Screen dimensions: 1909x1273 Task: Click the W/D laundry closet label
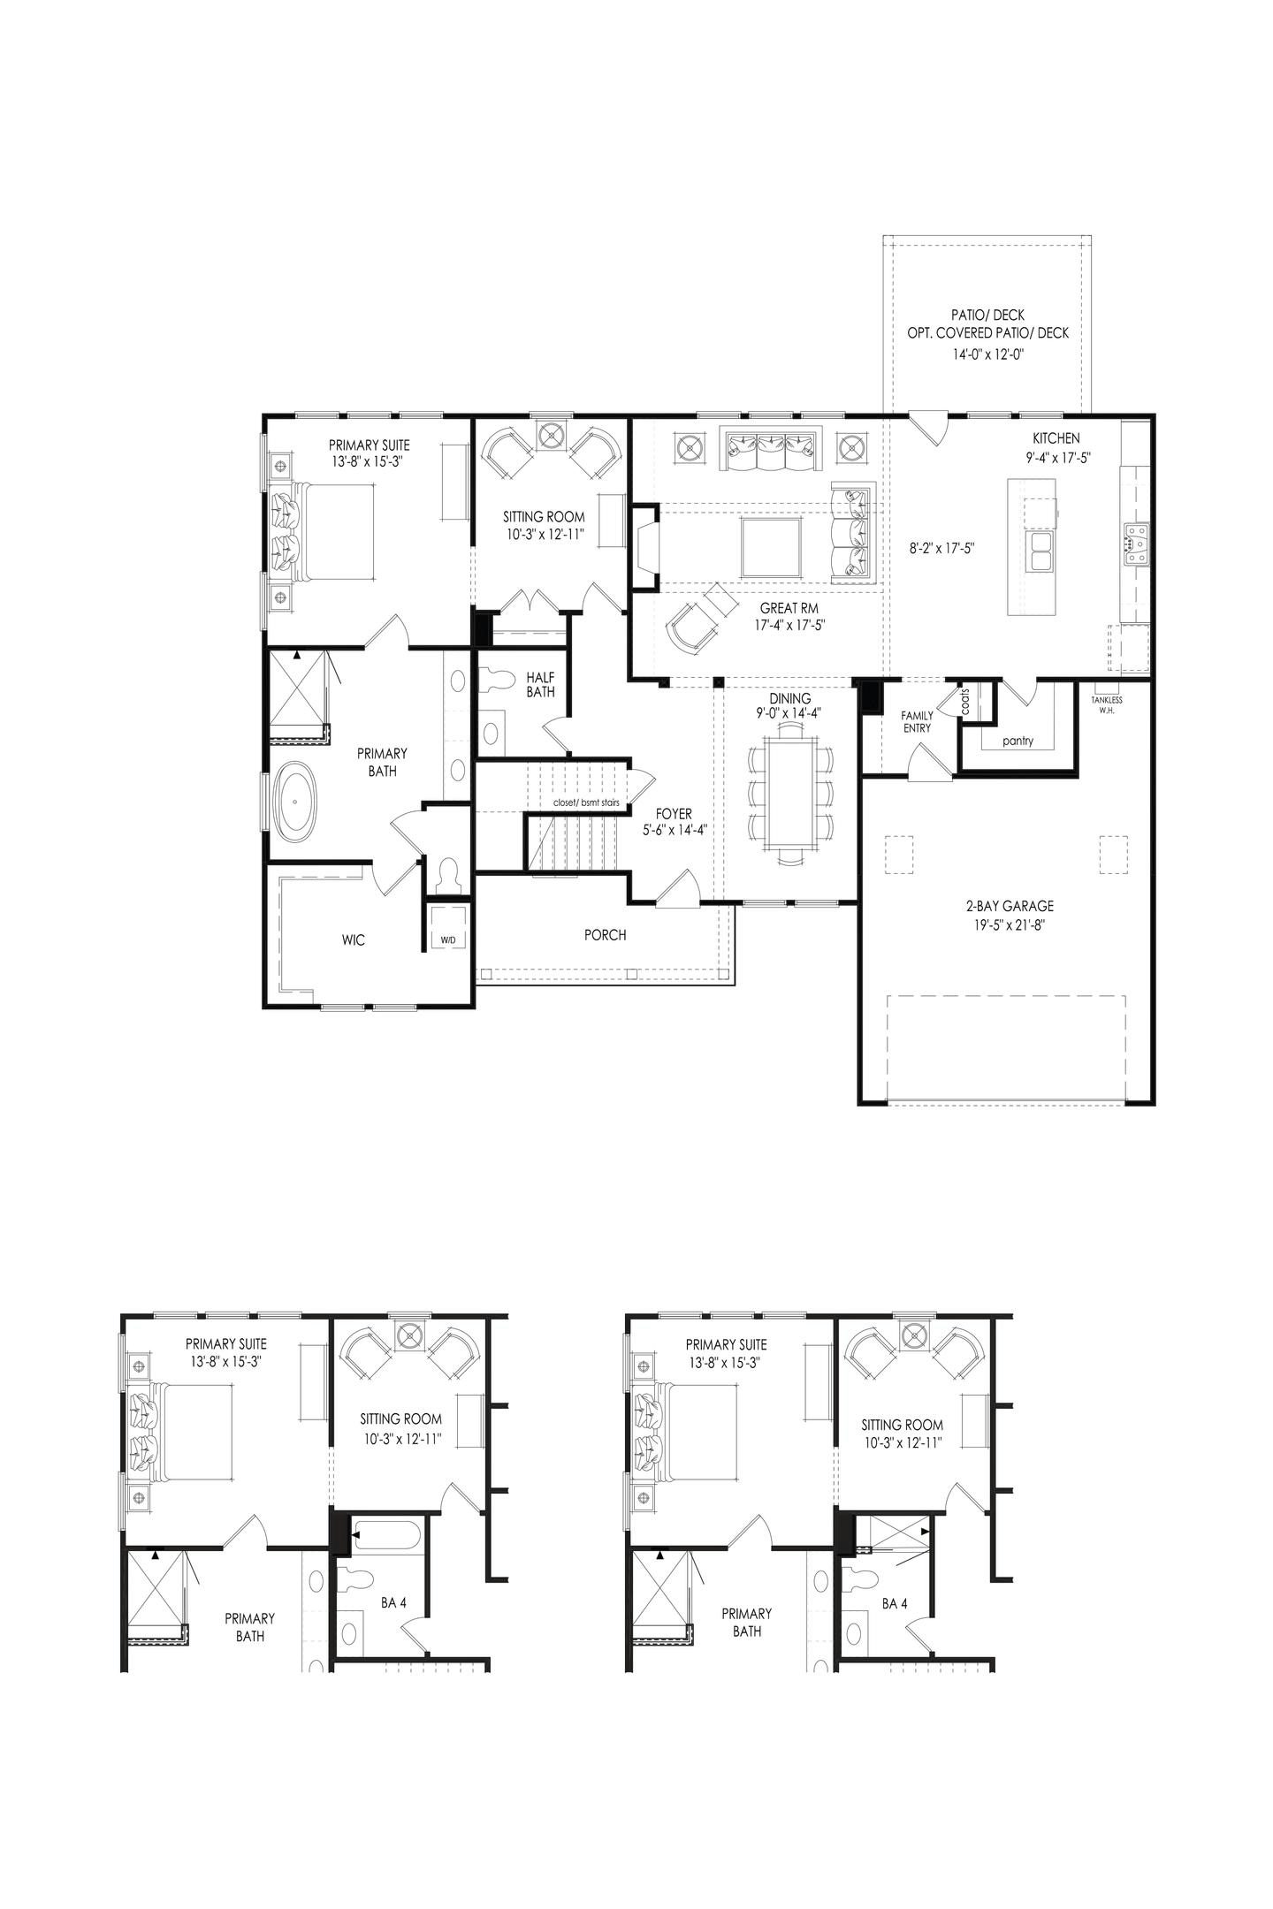click(x=448, y=939)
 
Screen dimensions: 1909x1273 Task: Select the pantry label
click(x=1018, y=741)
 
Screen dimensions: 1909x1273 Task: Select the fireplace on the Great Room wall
click(x=644, y=547)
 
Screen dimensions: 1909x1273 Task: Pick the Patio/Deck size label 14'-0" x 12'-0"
click(x=987, y=354)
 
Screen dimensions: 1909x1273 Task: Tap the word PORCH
click(x=605, y=934)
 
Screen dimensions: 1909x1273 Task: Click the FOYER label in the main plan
click(x=674, y=813)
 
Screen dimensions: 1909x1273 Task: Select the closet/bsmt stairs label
click(x=580, y=802)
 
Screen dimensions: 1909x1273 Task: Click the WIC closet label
click(x=353, y=939)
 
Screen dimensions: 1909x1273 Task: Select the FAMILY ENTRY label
click(x=916, y=721)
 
